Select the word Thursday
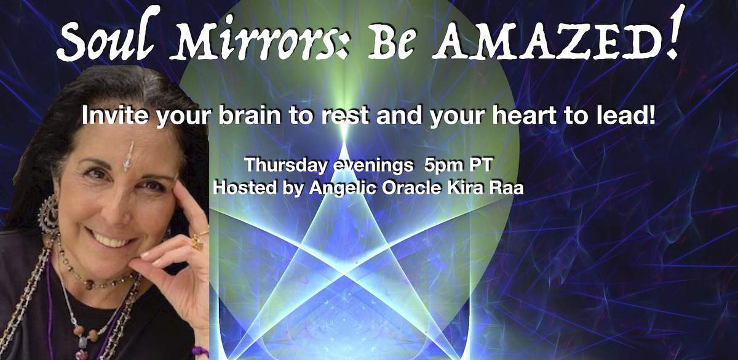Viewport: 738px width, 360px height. (x=285, y=164)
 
